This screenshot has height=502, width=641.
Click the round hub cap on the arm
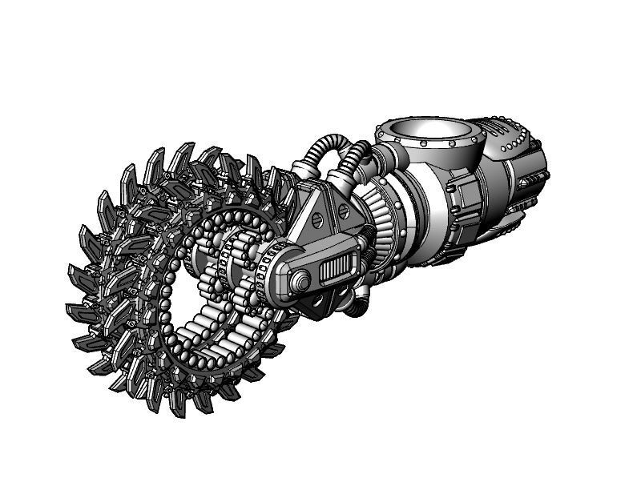[300, 281]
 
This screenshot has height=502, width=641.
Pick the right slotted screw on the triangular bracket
[342, 212]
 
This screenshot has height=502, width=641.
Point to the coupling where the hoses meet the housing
[382, 156]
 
